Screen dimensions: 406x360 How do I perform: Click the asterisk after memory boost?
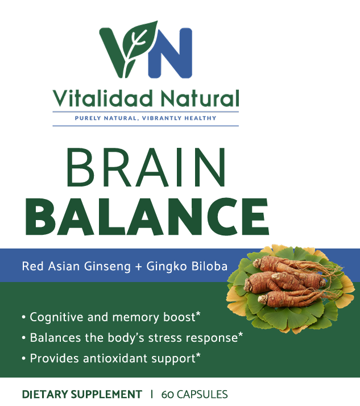[x=198, y=314]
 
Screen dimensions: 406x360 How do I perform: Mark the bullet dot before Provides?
[x=23, y=359]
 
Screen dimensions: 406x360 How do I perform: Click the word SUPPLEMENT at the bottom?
[x=106, y=394]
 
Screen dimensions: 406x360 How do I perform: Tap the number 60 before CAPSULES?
[x=168, y=394]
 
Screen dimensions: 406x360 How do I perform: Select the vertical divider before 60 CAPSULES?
[x=152, y=394]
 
